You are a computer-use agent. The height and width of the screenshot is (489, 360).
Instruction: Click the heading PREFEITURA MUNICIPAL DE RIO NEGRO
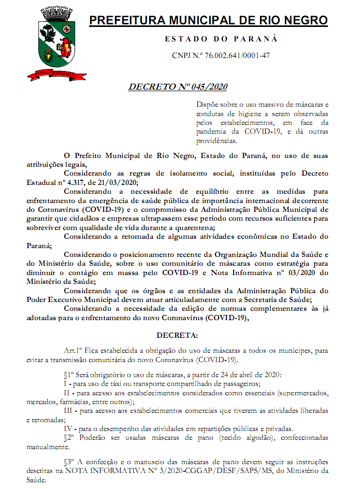point(208,21)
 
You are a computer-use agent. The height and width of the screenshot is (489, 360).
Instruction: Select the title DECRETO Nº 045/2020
point(178,86)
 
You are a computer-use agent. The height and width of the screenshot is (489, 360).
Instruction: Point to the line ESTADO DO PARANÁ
point(221,39)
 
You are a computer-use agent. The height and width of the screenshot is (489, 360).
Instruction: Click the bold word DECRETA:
point(177,336)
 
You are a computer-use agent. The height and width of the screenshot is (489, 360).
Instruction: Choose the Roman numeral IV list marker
point(68,428)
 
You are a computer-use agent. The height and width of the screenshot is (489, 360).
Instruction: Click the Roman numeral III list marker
point(68,410)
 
